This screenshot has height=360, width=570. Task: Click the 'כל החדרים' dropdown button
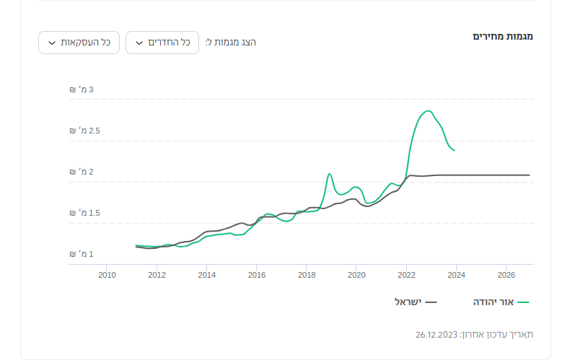coord(162,43)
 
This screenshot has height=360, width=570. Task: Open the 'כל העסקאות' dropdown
coord(79,43)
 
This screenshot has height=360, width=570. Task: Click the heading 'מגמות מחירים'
coord(502,36)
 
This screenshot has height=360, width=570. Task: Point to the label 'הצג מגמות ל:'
coord(231,43)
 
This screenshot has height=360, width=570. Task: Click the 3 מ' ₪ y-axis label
coord(82,89)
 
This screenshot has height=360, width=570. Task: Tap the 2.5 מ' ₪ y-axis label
coord(82,131)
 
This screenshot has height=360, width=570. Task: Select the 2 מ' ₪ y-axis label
coord(82,172)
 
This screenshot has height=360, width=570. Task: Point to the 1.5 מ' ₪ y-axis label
coord(82,213)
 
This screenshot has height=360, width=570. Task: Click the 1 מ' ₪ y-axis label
coord(82,254)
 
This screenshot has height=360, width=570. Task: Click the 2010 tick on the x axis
coord(107,275)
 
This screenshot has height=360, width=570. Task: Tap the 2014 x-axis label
coord(207,275)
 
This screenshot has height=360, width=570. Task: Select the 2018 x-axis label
coord(307,275)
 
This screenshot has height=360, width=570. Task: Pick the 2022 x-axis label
coord(406,275)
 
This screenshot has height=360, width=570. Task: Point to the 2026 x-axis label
coord(506,275)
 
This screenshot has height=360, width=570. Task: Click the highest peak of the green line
coord(429,111)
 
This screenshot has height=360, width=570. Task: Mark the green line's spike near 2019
coord(329,174)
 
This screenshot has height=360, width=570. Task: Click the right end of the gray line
coord(530,175)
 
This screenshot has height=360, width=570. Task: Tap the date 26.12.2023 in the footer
coord(437,335)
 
